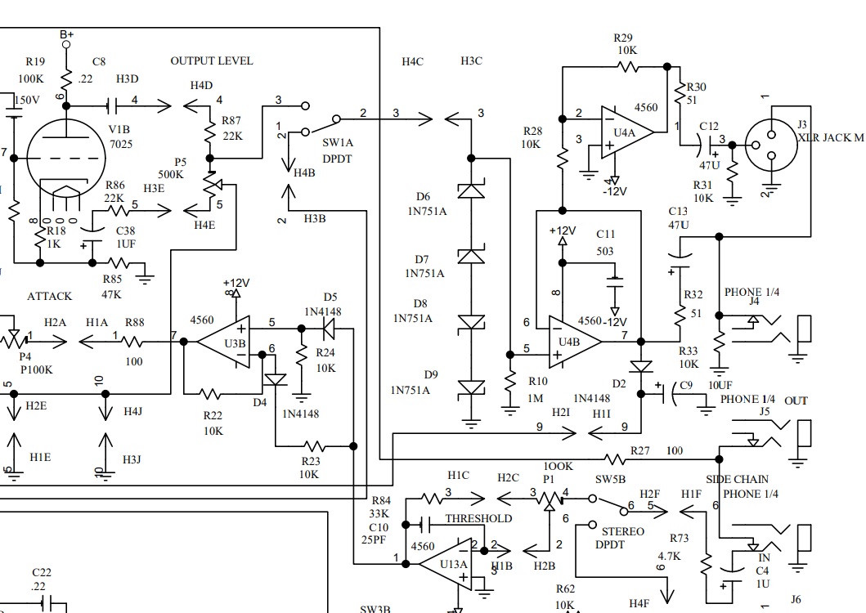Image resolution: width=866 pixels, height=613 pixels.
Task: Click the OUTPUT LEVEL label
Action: click(212, 61)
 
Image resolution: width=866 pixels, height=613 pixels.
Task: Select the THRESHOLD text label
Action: click(478, 518)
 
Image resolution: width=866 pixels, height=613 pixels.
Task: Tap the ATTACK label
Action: click(50, 296)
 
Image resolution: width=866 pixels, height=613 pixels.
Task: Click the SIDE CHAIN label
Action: click(738, 479)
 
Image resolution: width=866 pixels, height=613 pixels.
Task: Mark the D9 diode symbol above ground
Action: click(470, 387)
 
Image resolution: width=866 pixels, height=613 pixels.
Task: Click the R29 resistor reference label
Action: click(623, 38)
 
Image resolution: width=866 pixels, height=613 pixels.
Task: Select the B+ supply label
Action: click(67, 34)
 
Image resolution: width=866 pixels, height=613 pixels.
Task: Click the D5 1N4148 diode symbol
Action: click(329, 329)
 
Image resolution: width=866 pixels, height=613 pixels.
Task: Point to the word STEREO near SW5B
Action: click(622, 531)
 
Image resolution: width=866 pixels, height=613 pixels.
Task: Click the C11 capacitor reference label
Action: click(606, 235)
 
